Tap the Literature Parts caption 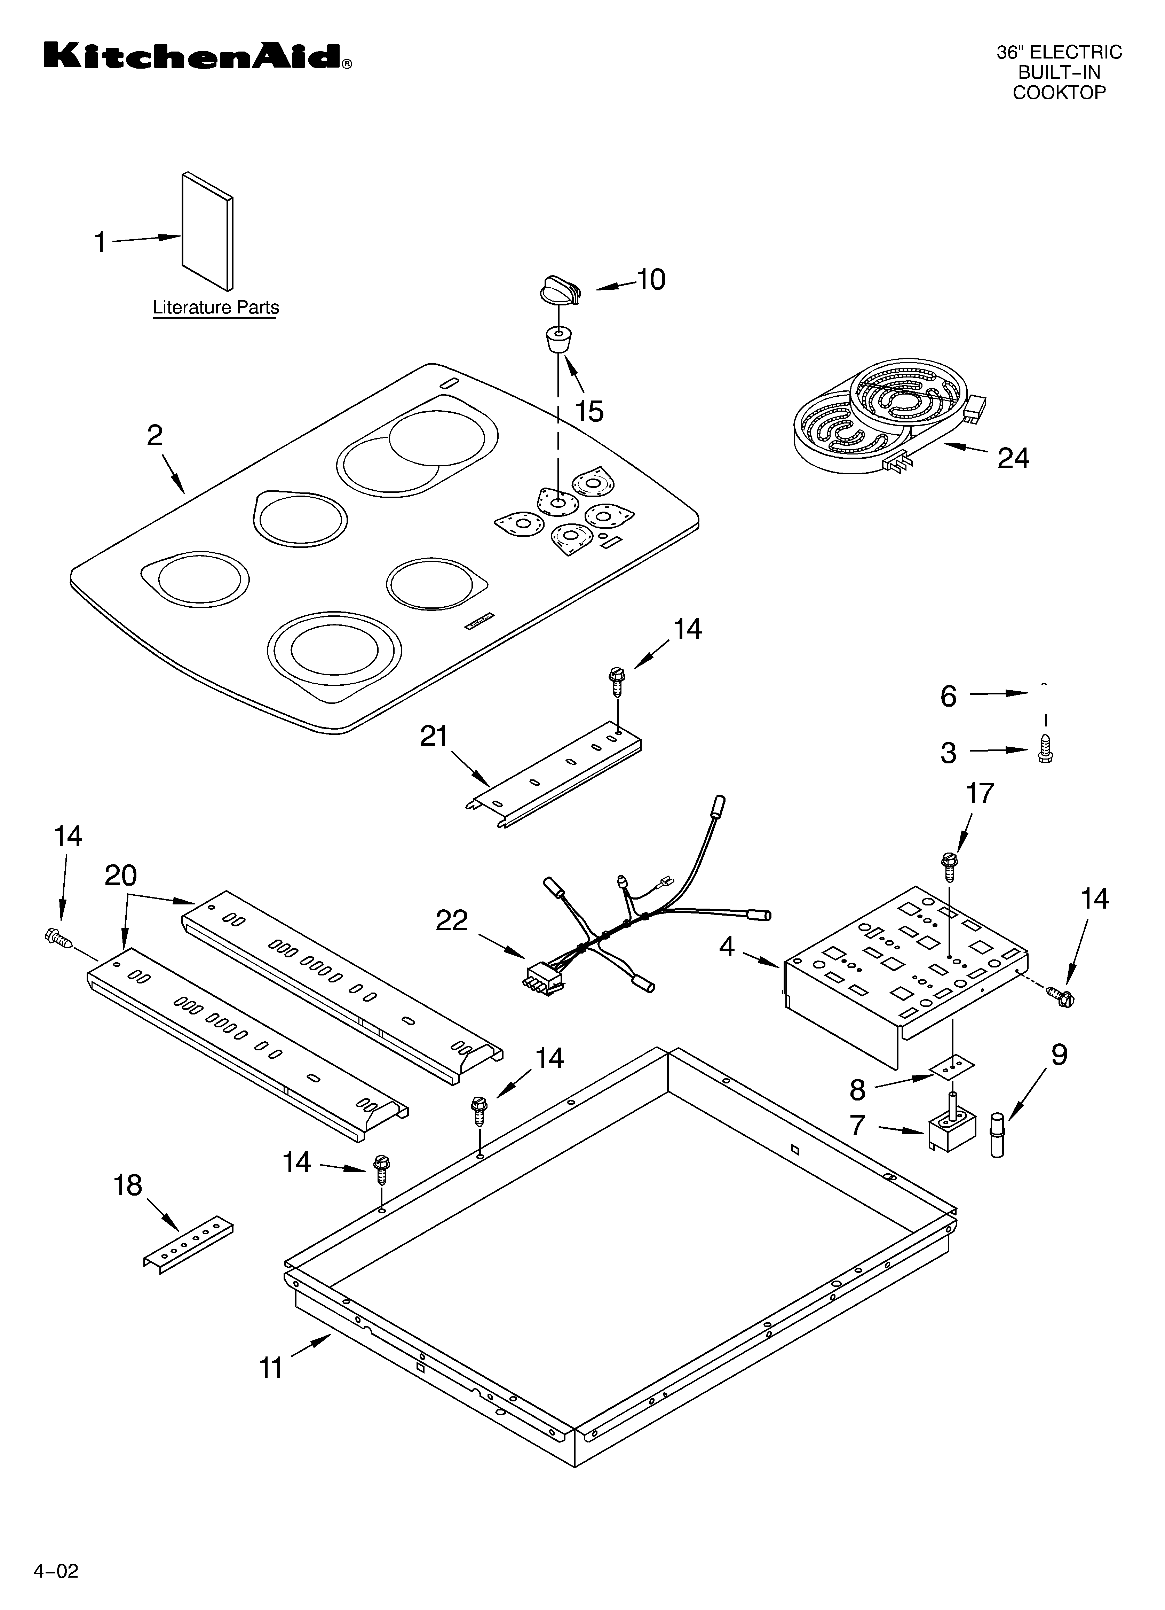[x=216, y=308]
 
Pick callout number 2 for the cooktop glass [x=154, y=435]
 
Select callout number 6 [x=948, y=697]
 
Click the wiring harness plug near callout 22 [x=543, y=978]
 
